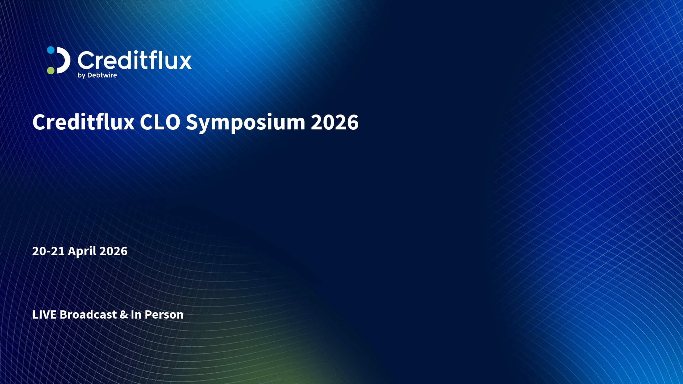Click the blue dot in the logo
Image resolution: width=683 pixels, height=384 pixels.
51,50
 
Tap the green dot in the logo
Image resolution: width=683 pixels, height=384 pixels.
51,70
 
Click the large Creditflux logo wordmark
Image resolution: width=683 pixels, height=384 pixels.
134,60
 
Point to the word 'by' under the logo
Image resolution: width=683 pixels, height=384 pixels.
81,75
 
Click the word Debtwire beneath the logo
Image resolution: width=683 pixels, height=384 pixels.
102,75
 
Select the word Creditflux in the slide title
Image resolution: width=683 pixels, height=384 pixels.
84,122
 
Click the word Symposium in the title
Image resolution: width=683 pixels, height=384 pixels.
245,123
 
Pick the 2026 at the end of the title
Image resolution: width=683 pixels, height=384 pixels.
335,122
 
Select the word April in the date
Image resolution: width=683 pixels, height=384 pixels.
82,251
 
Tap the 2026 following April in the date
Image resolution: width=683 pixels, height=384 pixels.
113,251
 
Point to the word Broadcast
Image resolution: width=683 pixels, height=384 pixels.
88,314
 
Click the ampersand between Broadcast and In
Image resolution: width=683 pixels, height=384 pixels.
124,315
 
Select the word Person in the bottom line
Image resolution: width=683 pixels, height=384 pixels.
164,315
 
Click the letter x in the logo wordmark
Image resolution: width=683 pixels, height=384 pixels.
184,62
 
